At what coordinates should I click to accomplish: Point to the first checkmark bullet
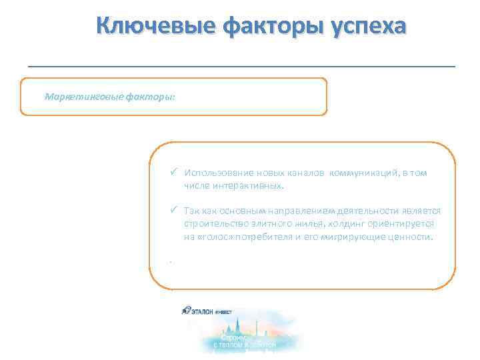[x=173, y=173]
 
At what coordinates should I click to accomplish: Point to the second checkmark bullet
[x=173, y=211]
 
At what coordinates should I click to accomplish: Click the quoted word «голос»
[x=214, y=236]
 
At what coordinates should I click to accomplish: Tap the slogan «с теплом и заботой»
[x=244, y=345]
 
